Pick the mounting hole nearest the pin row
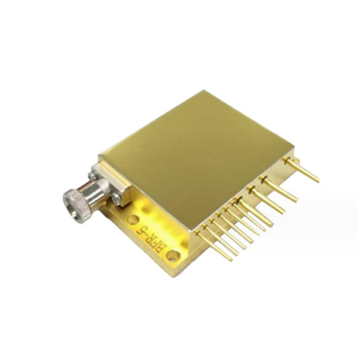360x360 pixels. pos(173,256)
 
